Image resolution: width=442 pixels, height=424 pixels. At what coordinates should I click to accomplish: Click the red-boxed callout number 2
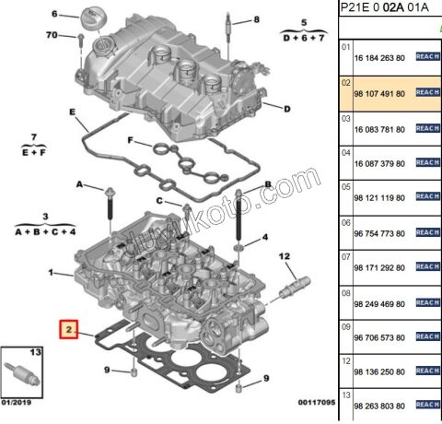click(67, 328)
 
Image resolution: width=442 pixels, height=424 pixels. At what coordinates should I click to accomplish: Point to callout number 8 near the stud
click(256, 19)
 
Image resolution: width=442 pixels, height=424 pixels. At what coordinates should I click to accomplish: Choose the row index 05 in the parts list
click(346, 187)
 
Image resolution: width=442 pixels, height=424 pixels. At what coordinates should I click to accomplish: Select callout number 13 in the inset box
click(36, 353)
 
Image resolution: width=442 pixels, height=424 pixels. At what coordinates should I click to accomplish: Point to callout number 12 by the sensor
click(284, 256)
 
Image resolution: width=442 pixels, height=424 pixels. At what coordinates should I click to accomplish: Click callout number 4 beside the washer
click(264, 237)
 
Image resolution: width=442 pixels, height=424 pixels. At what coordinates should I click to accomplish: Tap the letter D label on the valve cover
click(287, 109)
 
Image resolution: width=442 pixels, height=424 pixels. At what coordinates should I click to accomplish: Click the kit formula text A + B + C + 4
click(45, 232)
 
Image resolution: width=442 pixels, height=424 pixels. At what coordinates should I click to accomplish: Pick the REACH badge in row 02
click(427, 92)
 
